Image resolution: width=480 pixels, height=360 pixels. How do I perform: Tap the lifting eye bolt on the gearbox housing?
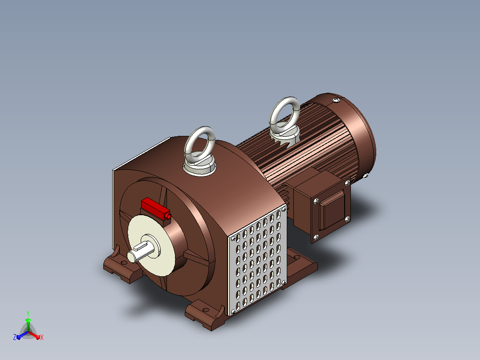[x=199, y=151]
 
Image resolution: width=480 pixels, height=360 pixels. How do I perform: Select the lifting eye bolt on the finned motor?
[x=285, y=121]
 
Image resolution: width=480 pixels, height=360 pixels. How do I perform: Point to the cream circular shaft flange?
[x=151, y=245]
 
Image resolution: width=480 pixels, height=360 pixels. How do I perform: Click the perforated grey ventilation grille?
[x=258, y=262]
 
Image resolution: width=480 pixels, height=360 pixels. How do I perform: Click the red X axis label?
[x=42, y=337]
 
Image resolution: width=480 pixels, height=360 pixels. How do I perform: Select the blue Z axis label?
[x=15, y=337]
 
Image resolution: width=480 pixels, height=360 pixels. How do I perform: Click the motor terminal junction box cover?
[x=332, y=209]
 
